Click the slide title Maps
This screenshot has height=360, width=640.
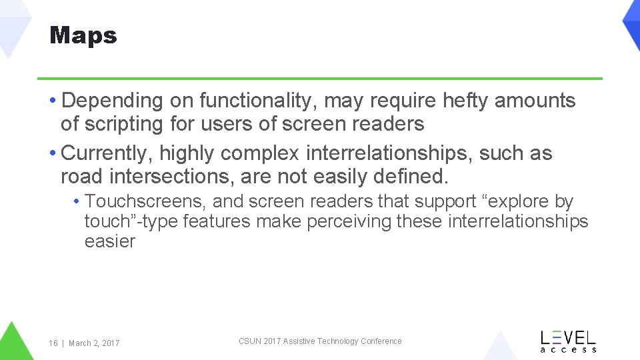coord(83,35)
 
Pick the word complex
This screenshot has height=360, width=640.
coord(260,153)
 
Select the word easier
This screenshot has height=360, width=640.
coord(110,241)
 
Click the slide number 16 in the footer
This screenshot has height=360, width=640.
coord(53,343)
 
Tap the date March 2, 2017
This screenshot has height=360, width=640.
coord(94,343)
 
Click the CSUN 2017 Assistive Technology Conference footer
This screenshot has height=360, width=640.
coord(320,341)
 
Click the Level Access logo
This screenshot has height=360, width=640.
coord(568,341)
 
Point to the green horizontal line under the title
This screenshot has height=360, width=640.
coord(320,79)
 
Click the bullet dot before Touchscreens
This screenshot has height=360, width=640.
coord(78,201)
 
